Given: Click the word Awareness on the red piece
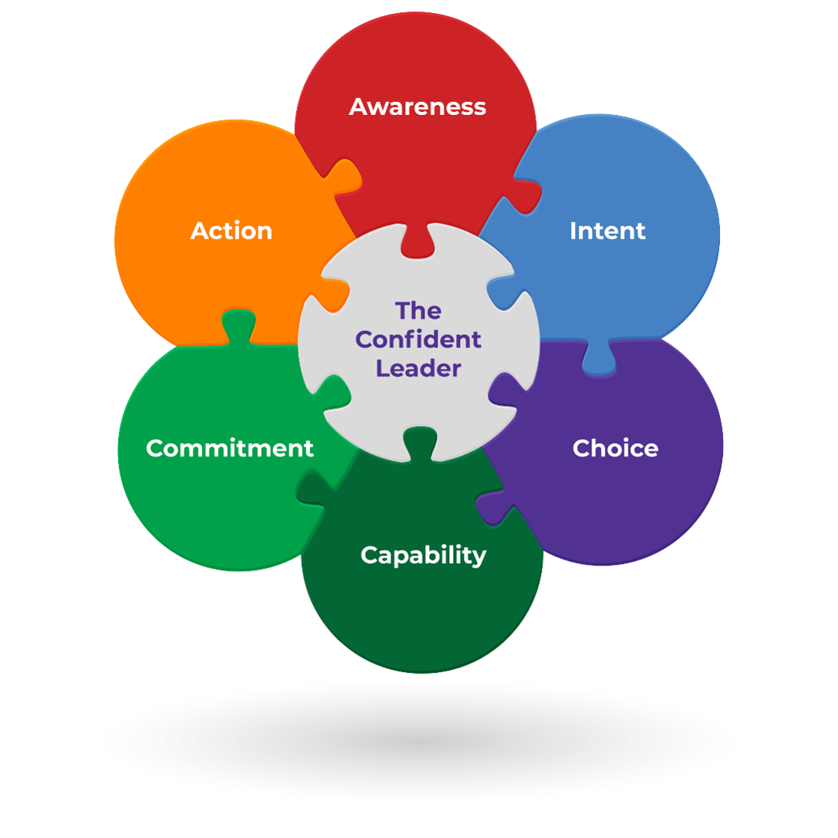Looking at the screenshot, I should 417,106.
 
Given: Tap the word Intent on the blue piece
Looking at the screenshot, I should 607,231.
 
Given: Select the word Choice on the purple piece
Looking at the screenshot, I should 615,448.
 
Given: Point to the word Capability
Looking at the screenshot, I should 423,555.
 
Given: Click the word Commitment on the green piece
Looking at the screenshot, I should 230,448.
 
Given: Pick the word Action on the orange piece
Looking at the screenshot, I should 231,231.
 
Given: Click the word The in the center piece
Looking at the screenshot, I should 418,311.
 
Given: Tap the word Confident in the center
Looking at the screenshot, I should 418,340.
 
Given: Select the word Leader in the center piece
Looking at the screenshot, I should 418,368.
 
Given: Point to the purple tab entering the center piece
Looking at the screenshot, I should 505,386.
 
